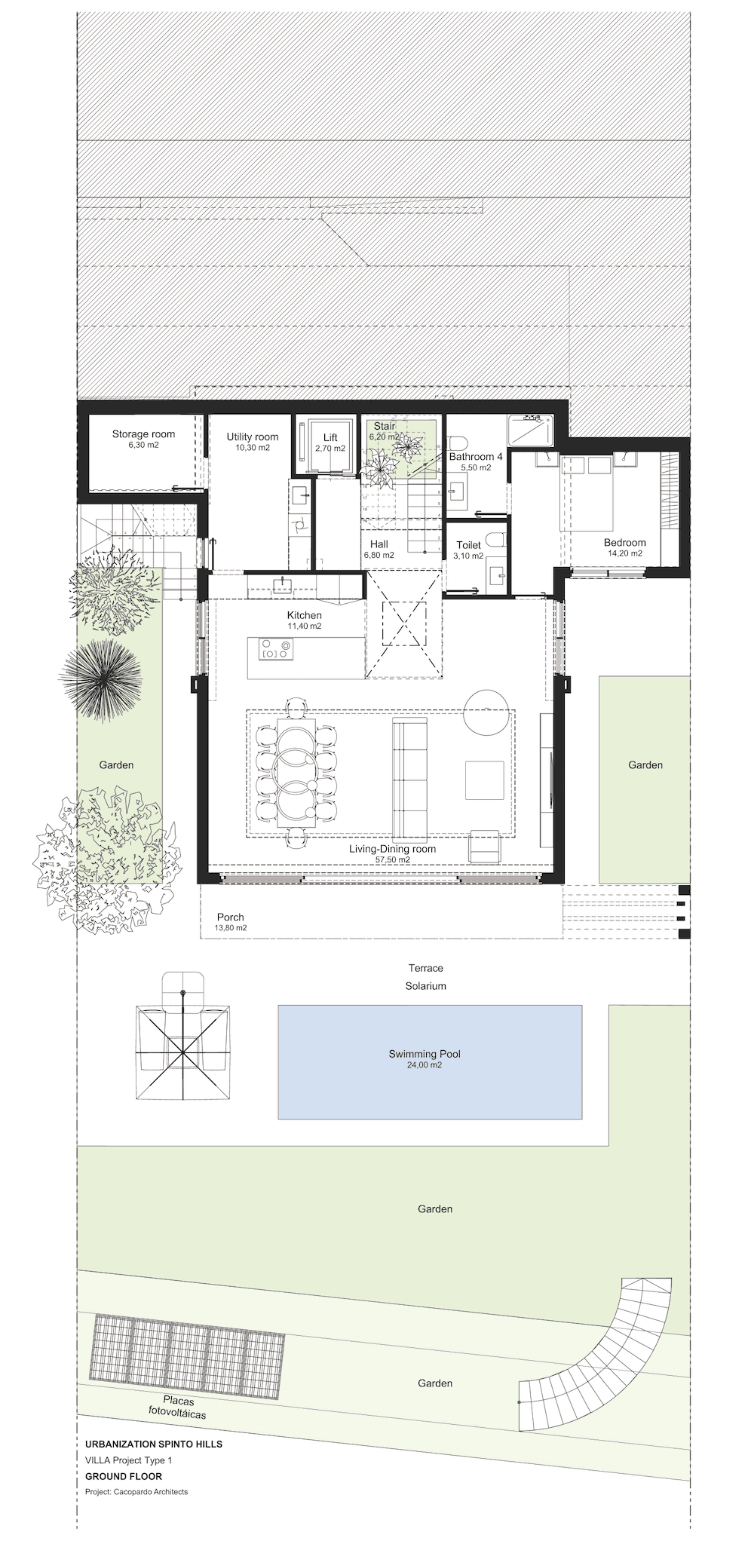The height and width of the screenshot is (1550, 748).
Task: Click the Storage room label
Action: point(143,433)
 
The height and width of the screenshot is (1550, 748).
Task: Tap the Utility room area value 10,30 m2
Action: point(253,448)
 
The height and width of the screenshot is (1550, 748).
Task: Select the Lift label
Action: point(330,437)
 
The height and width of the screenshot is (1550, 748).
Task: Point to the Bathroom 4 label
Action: point(476,456)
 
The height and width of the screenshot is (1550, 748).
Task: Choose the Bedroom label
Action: point(624,542)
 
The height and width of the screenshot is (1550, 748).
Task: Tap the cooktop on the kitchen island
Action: point(275,648)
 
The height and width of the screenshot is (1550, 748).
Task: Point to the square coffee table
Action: point(484,780)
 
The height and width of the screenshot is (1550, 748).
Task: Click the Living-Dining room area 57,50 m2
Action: point(392,859)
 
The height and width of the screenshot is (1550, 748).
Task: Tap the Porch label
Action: point(231,917)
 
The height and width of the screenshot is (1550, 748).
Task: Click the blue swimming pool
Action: point(430,1061)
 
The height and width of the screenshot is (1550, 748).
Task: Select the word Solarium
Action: point(426,986)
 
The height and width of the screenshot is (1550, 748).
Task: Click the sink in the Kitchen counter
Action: point(284,583)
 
